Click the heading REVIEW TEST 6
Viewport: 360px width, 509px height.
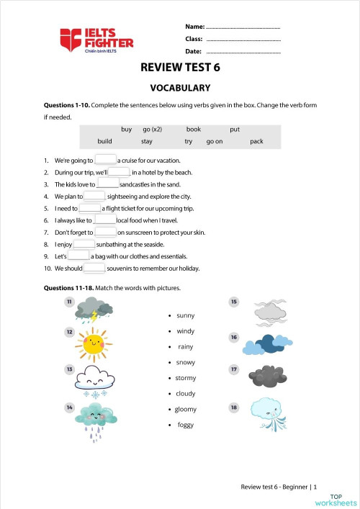[180, 68]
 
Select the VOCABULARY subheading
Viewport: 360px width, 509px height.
[180, 88]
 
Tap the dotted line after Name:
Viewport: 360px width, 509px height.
[243, 27]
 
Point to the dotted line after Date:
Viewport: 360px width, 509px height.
[243, 52]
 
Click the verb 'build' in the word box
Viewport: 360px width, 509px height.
[104, 142]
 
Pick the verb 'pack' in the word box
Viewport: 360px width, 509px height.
[256, 142]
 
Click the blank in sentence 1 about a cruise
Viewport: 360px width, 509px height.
[105, 160]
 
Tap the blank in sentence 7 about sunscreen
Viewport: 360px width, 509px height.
[105, 233]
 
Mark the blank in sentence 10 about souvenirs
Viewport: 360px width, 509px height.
[94, 269]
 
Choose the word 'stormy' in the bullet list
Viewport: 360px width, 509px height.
[186, 378]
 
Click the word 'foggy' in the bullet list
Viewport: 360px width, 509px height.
[186, 425]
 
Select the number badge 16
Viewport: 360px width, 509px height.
[233, 337]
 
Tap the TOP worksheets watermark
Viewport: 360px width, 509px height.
[343, 500]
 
